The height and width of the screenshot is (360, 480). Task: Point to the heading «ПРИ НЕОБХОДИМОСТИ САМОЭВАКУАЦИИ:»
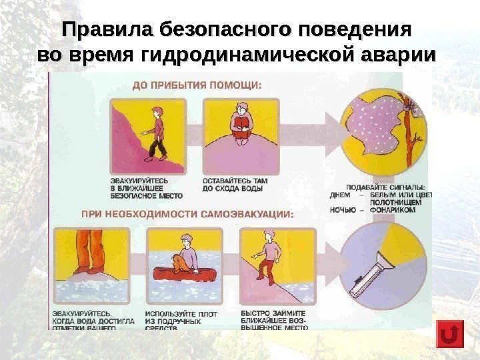(187, 214)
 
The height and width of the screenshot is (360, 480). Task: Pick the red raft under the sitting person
(181, 273)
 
